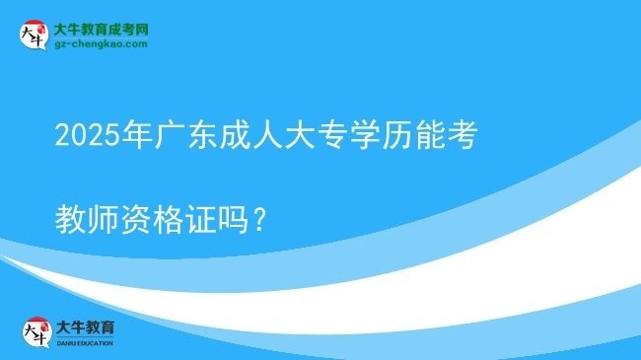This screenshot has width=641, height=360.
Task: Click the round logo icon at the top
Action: click(33, 34)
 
